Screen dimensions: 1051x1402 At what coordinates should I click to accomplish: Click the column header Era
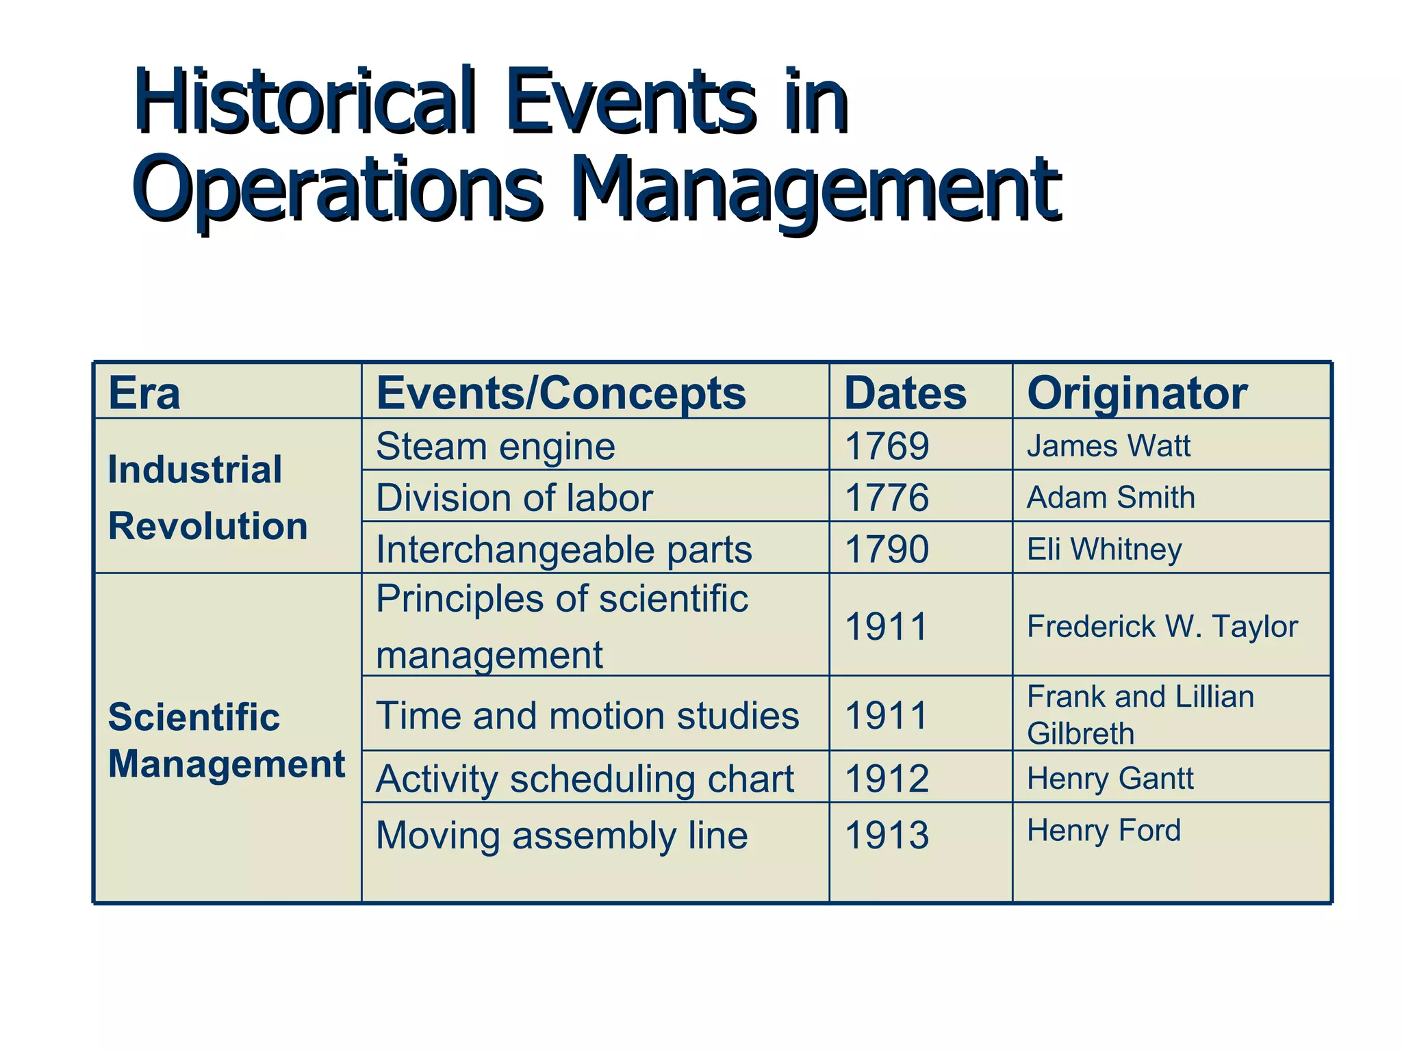(144, 393)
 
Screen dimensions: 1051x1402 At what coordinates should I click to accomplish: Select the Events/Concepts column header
(561, 393)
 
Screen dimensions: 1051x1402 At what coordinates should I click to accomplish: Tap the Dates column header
(905, 393)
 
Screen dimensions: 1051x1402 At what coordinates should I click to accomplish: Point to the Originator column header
(1137, 393)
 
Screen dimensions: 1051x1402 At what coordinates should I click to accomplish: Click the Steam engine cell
(496, 446)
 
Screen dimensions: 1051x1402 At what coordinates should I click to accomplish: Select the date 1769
(887, 446)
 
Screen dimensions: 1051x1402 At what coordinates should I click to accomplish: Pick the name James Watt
(1108, 446)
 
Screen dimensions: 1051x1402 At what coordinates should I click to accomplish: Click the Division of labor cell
(514, 497)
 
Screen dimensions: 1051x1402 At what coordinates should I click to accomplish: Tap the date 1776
(887, 497)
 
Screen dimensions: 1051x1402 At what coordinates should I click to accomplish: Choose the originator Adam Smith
(1111, 497)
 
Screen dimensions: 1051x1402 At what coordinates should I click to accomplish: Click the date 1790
(887, 549)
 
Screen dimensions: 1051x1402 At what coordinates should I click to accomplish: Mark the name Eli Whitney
(1104, 549)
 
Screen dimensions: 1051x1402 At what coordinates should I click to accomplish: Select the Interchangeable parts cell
(564, 549)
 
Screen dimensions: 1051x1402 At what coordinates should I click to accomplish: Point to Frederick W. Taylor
(1162, 626)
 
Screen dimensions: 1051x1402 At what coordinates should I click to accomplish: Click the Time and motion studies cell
(587, 716)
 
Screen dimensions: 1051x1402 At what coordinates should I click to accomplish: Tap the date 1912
(887, 779)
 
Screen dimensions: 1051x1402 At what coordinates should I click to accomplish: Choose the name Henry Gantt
(1110, 779)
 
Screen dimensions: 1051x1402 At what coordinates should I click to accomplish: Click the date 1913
(887, 835)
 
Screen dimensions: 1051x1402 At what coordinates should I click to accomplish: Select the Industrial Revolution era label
(207, 497)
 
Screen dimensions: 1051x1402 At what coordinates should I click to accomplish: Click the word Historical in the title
(304, 103)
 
